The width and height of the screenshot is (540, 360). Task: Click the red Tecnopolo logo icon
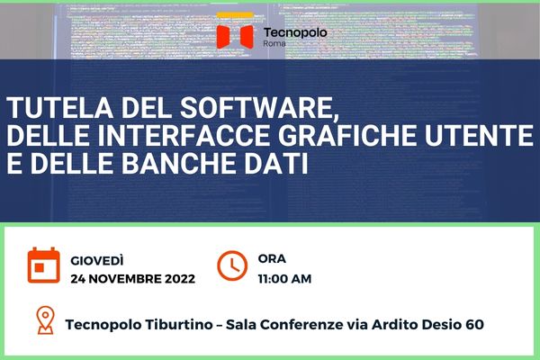235,36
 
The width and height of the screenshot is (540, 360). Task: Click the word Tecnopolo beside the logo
295,32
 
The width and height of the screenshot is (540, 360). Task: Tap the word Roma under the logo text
274,43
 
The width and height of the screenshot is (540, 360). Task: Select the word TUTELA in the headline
60,108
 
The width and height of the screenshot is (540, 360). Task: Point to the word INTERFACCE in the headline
183,135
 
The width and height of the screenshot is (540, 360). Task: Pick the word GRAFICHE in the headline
346,135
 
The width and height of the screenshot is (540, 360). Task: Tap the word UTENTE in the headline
479,135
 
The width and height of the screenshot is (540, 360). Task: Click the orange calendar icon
44,265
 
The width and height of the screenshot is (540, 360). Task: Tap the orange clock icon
232,265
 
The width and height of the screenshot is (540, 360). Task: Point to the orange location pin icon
46,320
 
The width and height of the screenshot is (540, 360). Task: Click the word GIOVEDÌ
97,260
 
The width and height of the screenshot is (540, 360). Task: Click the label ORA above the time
272,258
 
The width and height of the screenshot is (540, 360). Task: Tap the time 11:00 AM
284,279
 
